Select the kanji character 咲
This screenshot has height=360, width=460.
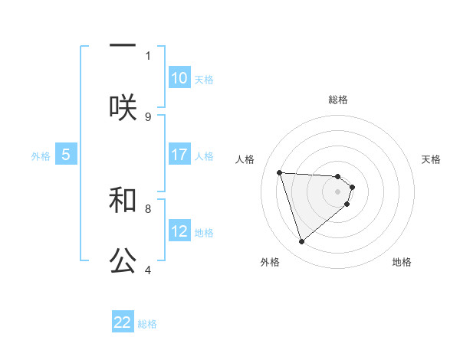click(123, 106)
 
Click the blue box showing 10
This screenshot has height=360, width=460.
click(179, 78)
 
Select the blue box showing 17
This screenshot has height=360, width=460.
click(179, 155)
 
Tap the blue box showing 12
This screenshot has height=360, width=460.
click(179, 231)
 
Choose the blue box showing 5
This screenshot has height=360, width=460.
click(66, 155)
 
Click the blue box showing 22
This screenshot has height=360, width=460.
click(123, 322)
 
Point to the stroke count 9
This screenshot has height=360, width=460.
click(148, 116)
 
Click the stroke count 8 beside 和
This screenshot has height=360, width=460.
click(148, 208)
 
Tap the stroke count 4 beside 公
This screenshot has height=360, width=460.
click(148, 270)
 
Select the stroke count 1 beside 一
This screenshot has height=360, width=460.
click(148, 55)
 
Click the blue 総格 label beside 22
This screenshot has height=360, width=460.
click(147, 324)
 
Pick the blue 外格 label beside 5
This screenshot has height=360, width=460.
click(41, 156)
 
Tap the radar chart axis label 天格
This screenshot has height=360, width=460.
click(431, 159)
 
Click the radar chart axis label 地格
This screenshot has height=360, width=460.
click(402, 262)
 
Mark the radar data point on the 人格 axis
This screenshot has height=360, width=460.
click(280, 172)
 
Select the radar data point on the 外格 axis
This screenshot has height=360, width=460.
click(301, 242)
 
